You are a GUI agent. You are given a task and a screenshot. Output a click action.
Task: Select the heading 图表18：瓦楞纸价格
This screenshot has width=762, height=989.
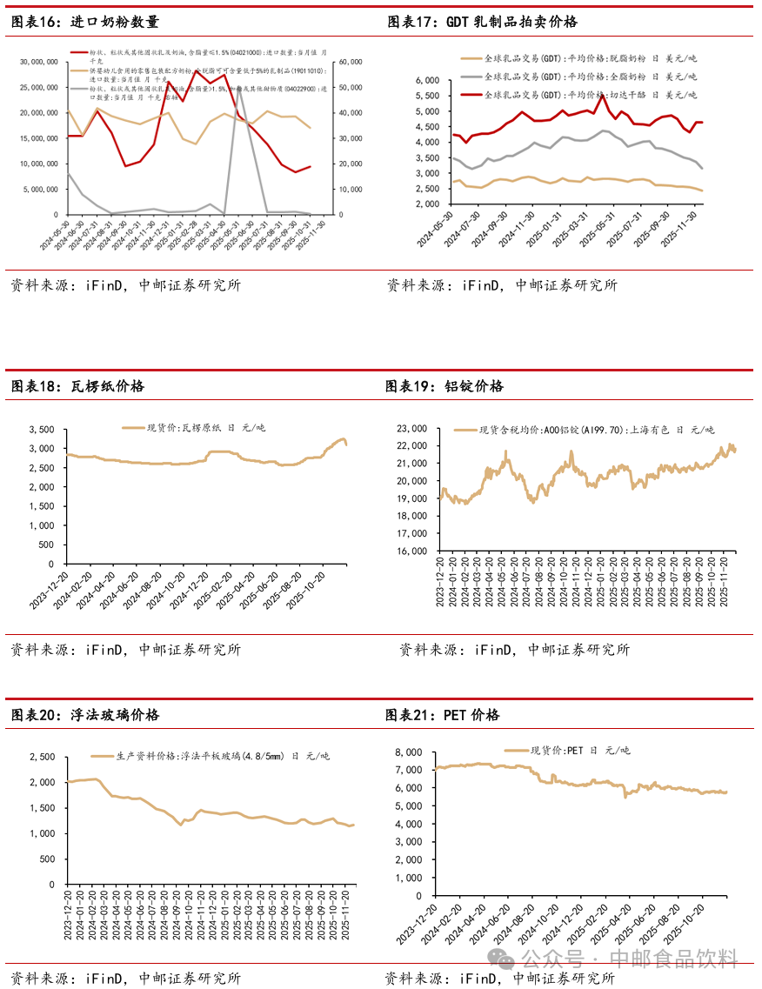coord(77,386)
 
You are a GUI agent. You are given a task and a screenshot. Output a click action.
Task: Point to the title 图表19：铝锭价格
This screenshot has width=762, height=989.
coord(444,386)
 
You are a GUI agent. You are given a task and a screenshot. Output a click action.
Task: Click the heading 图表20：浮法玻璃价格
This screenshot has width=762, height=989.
coord(84,715)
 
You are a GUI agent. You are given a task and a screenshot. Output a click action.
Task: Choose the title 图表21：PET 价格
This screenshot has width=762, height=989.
coord(443,715)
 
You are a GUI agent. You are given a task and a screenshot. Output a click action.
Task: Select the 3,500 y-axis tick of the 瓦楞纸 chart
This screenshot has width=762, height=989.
coord(41,430)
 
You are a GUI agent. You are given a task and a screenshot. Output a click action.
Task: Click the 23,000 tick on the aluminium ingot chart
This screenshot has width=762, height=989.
coord(411,429)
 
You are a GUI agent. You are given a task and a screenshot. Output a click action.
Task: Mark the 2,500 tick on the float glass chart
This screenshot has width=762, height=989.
coord(41,757)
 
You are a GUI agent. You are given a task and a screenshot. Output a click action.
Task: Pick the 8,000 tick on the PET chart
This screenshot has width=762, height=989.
coord(408,752)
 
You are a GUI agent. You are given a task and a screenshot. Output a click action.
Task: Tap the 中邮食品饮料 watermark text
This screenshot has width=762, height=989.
coord(674,959)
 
